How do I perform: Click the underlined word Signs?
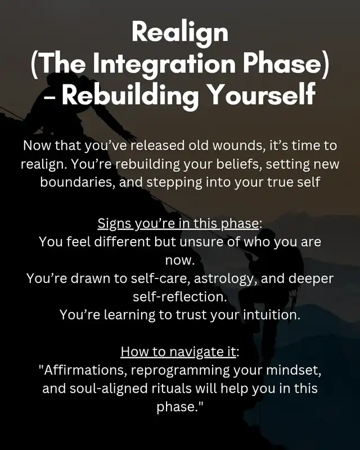tap(114, 223)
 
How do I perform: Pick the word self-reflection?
tap(179, 297)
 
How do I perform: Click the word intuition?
tap(272, 315)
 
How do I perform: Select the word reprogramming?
tap(181, 371)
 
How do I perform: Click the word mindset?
tap(294, 370)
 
